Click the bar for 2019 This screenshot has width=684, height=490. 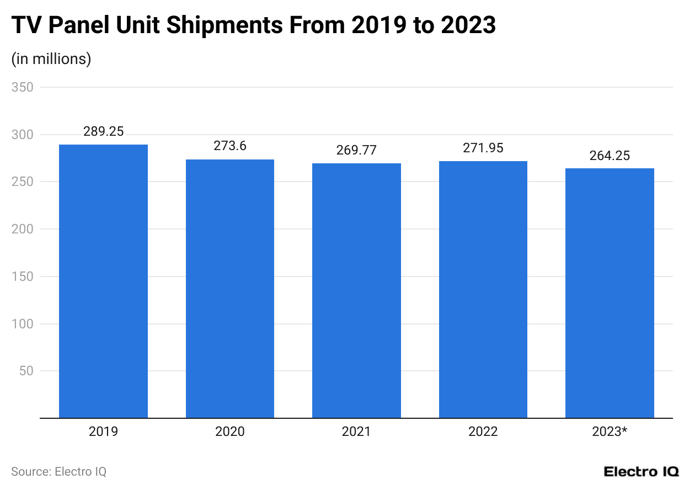(103, 281)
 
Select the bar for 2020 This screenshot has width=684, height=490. (230, 289)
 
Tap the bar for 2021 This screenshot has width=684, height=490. (356, 290)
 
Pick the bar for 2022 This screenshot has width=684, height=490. (483, 289)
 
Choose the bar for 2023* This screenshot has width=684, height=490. (610, 293)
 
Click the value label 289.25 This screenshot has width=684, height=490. (103, 132)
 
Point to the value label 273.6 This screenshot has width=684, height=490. (230, 147)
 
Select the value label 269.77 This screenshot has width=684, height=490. (356, 151)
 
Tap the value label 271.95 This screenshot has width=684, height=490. (483, 148)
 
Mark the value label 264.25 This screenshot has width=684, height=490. (610, 156)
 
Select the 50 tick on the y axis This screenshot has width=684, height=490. (25, 371)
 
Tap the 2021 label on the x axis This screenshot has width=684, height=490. (356, 432)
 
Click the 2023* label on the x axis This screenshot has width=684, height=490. (610, 432)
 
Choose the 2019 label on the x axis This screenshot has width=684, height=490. (103, 432)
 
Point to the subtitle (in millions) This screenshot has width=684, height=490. (51, 58)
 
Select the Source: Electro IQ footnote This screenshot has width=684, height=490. (58, 472)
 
